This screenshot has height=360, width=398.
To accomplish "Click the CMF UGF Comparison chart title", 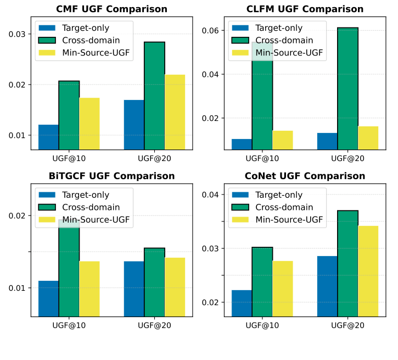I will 112,9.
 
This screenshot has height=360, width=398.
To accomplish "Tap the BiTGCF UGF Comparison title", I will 112,176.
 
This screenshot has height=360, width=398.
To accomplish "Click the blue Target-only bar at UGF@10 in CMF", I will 48,137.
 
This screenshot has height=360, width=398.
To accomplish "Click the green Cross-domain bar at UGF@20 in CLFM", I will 347,88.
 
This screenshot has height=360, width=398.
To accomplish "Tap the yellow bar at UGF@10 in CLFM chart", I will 282,140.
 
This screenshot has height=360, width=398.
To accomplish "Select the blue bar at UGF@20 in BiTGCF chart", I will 134,289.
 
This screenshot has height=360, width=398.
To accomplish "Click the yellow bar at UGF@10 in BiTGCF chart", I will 89,289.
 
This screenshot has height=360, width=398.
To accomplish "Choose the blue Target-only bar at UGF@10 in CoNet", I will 242,303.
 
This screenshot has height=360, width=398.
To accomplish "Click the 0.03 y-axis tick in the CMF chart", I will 18,34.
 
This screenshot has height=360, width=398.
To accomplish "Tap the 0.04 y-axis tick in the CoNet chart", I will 212,195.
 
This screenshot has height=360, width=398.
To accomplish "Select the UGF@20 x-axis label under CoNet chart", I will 347,325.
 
